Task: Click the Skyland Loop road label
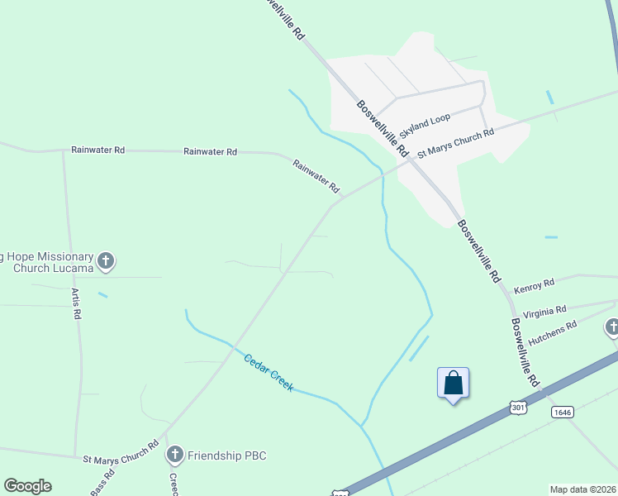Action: pyautogui.click(x=425, y=126)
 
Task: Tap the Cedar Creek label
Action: pyautogui.click(x=269, y=373)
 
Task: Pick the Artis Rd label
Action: pyautogui.click(x=76, y=303)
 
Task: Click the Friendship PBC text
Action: pyautogui.click(x=227, y=455)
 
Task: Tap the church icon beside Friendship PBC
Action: pyautogui.click(x=174, y=454)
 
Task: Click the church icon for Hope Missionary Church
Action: pyautogui.click(x=106, y=261)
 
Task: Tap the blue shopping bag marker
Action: pyautogui.click(x=453, y=384)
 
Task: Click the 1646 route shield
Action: pyautogui.click(x=563, y=412)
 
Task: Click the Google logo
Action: pyautogui.click(x=27, y=486)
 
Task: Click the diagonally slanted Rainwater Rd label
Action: pyautogui.click(x=316, y=176)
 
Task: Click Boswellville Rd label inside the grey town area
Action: pyautogui.click(x=383, y=129)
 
